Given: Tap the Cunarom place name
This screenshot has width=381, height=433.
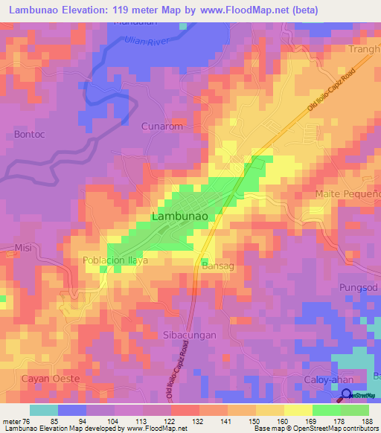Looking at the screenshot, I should (161, 126).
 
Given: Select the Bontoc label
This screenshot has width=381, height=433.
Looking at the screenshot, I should (31, 135).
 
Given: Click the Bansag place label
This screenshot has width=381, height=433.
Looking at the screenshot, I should (218, 266).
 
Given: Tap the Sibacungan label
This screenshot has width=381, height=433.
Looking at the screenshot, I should (189, 335).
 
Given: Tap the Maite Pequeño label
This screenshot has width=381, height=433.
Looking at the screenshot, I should (348, 194).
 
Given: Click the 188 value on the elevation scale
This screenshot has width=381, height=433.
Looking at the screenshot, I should (368, 421).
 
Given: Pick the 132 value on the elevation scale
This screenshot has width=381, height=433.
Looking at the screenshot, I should (198, 421).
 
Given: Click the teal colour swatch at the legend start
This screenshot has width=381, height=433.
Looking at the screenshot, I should (43, 410).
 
